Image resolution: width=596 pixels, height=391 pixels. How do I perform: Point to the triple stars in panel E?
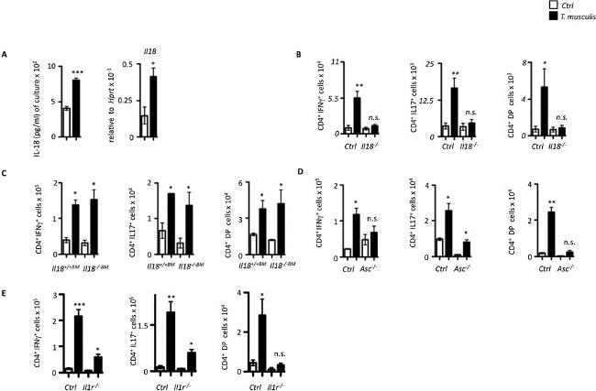pos(78,305)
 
